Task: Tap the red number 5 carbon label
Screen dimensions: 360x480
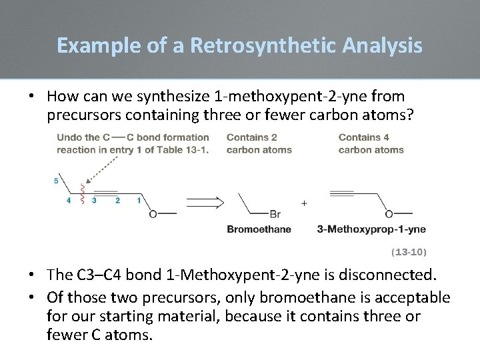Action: [56, 181]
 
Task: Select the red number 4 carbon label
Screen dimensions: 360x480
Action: [69, 200]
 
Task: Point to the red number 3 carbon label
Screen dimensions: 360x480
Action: [94, 200]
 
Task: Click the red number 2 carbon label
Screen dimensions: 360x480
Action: [117, 200]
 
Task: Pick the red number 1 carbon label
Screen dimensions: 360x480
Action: [139, 200]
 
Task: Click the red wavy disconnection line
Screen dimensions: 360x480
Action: [82, 193]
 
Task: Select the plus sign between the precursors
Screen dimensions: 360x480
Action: [304, 203]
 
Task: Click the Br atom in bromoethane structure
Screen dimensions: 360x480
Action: [275, 214]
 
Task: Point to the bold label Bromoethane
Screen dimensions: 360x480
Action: [259, 229]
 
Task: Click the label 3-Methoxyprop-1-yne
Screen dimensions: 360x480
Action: [371, 229]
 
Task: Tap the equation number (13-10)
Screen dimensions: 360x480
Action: [408, 252]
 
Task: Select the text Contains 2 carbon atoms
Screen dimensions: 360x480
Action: [259, 143]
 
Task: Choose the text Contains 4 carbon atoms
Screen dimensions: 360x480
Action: [371, 143]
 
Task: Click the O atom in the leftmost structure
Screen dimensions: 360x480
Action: [153, 214]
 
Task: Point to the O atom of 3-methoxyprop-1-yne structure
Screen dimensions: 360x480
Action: [389, 214]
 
